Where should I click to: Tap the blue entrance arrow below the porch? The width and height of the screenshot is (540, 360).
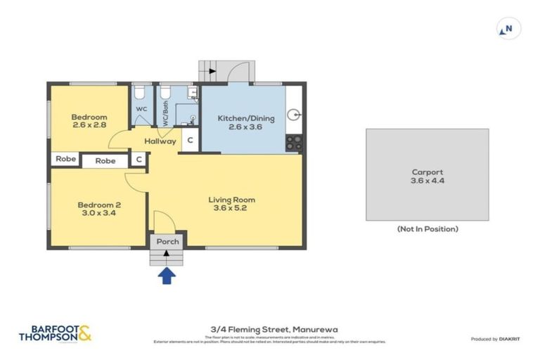pos(167,276)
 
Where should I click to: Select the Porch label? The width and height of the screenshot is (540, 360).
pos(168,242)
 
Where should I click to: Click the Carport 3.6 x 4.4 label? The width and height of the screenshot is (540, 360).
pos(427,176)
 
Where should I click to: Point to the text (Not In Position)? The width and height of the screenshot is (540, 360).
pos(427,229)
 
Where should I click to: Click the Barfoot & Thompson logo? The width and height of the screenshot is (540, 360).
pos(56,333)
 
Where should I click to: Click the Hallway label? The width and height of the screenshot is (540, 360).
pos(160,141)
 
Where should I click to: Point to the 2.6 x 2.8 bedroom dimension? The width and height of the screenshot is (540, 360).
pos(89,125)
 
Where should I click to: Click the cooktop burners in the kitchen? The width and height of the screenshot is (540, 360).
pos(293,143)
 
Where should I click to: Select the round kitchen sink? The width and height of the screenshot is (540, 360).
pos(294,113)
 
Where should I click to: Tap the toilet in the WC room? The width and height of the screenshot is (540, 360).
pos(140,93)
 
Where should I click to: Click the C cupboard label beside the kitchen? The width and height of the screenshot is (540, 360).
pos(190,141)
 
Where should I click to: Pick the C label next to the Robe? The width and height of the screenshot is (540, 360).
pos(139,160)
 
